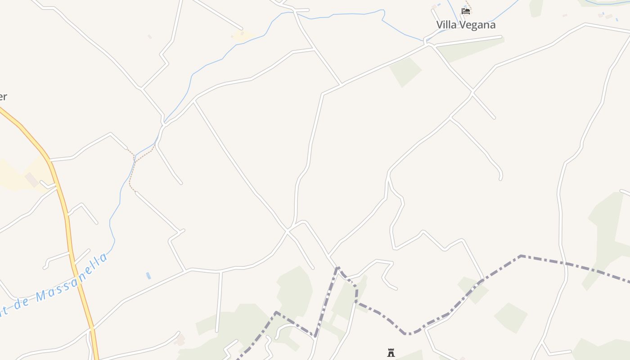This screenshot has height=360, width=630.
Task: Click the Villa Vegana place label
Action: (x=466, y=25)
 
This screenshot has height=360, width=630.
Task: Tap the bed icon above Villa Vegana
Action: (x=466, y=11)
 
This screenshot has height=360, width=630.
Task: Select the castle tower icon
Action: (x=391, y=352)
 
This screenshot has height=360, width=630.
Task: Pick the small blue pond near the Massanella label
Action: (x=148, y=275)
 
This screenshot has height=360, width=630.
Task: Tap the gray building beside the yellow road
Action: (x=31, y=180)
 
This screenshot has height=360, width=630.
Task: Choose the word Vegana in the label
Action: (x=477, y=25)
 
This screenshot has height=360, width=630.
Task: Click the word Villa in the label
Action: (x=447, y=25)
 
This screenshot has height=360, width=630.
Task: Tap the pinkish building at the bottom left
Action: (x=180, y=339)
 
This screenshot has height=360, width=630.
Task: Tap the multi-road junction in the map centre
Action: (x=287, y=231)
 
